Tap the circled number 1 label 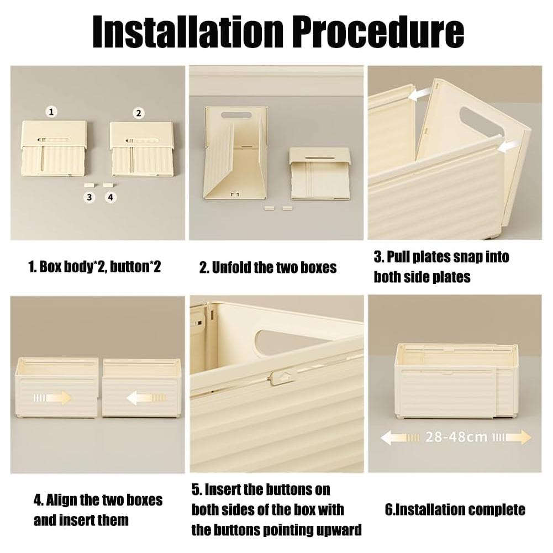[x=51, y=112]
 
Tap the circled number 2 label [x=139, y=113]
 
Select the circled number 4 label [x=111, y=197]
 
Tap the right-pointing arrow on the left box [x=52, y=397]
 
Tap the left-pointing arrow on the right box [x=146, y=397]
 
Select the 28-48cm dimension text [x=456, y=438]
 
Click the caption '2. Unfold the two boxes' [x=268, y=268]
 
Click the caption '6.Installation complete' [x=455, y=509]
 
